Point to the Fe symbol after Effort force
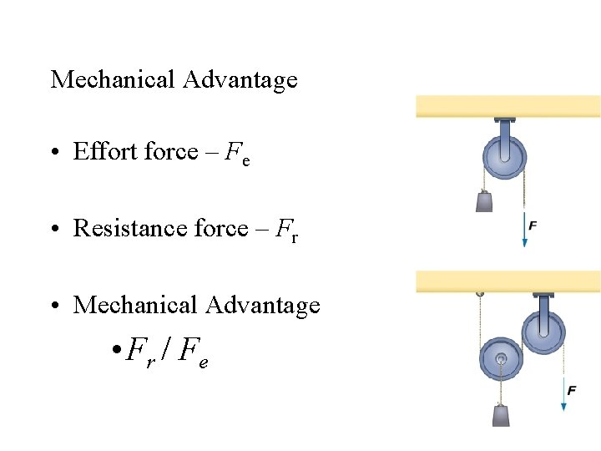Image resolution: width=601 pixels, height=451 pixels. coord(237,154)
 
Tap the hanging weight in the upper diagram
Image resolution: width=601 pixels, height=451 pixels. coord(485,201)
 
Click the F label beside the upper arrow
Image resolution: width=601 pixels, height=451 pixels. coord(533,225)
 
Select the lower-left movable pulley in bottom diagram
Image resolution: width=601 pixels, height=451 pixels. coord(501,360)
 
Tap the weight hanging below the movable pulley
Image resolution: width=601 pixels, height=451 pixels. coord(502,415)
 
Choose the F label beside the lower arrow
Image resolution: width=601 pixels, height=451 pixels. coord(571,390)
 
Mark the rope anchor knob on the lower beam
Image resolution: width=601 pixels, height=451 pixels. coord(479,294)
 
